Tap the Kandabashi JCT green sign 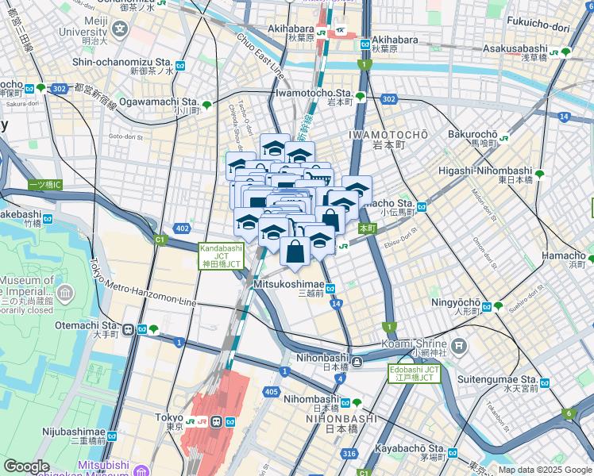click(220, 255)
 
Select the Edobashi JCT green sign click(414, 373)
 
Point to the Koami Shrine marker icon click(458, 345)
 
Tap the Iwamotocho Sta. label click(313, 93)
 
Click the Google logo click(27, 466)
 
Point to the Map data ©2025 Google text click(545, 470)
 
